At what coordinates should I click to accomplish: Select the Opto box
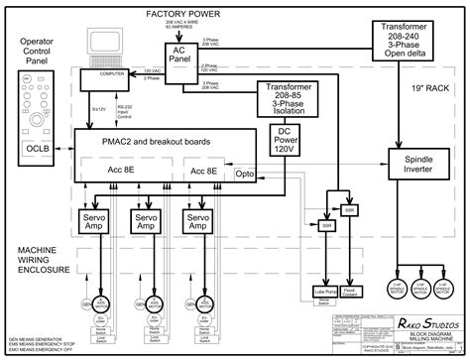coord(244,174)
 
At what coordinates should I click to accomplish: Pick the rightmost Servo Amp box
coord(198,221)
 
